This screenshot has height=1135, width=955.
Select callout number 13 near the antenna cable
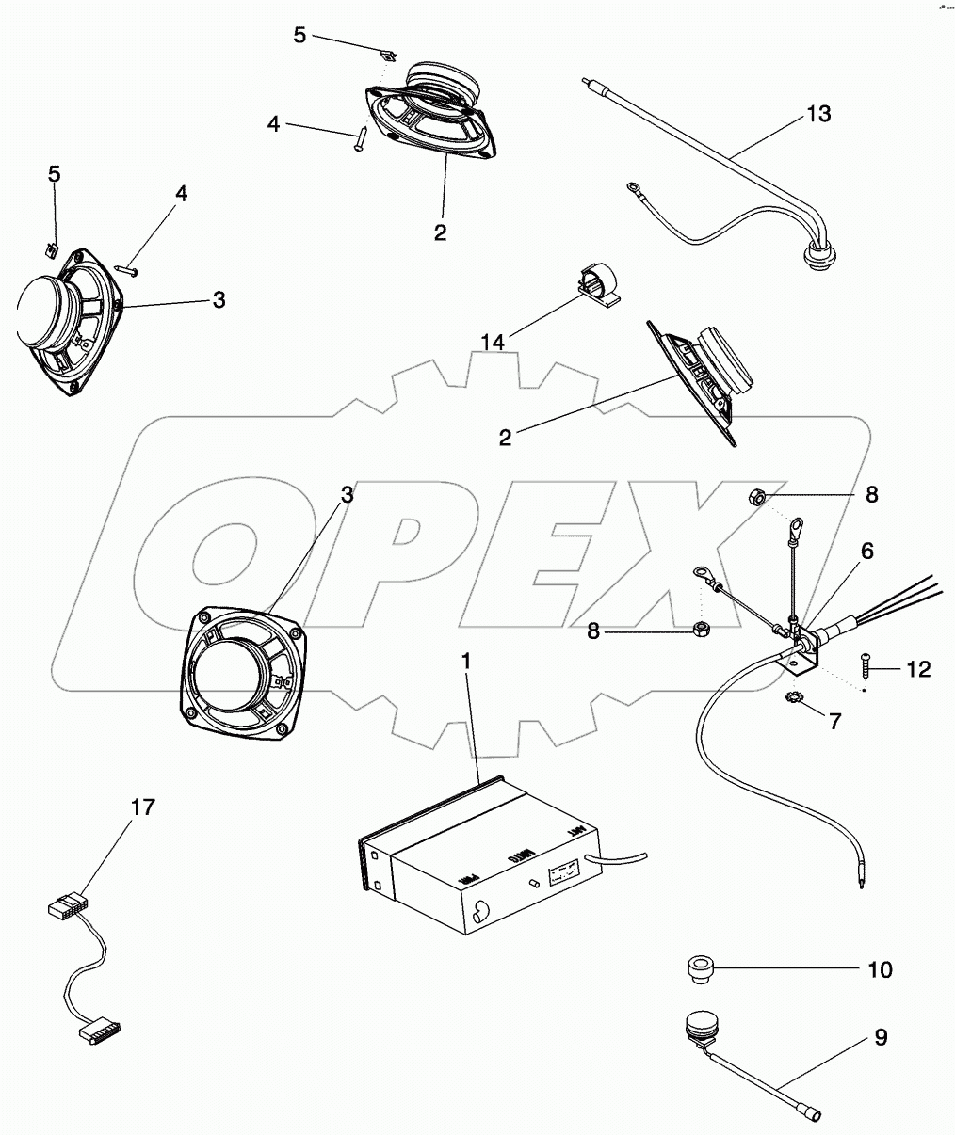coord(818,114)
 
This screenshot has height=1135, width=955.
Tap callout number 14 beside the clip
coord(493,342)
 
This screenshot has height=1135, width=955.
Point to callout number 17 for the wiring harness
coord(143,807)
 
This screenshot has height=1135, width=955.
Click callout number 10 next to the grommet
coord(879,969)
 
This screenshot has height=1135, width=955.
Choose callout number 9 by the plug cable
coord(880,1037)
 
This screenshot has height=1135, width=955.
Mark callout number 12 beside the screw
coord(918,669)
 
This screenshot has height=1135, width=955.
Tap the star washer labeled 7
coord(794,698)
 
